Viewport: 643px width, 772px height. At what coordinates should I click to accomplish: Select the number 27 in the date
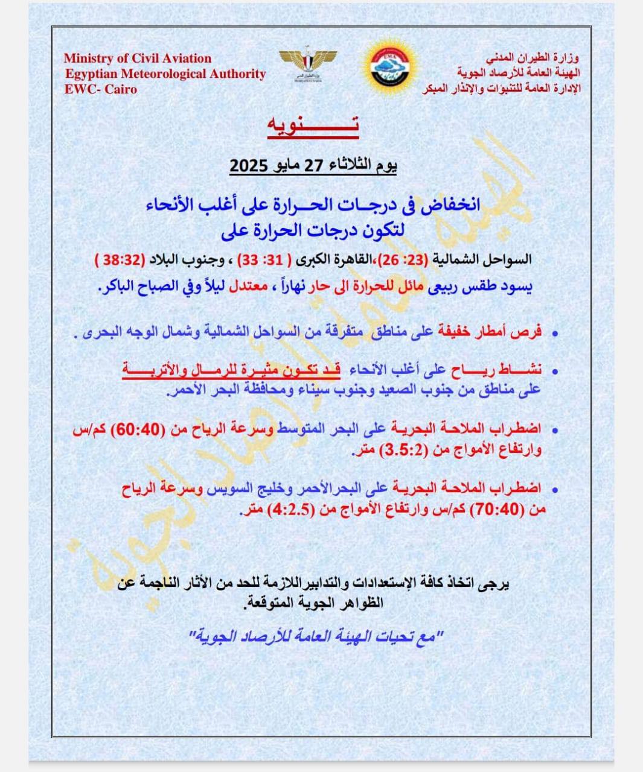(x=315, y=165)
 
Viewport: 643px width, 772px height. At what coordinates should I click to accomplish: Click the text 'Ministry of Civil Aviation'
(x=138, y=59)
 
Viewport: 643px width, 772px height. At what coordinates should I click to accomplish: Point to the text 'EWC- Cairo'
(x=101, y=89)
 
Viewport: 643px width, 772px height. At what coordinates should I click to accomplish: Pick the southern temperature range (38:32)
(x=121, y=261)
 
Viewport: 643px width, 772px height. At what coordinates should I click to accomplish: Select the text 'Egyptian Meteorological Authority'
(x=165, y=74)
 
